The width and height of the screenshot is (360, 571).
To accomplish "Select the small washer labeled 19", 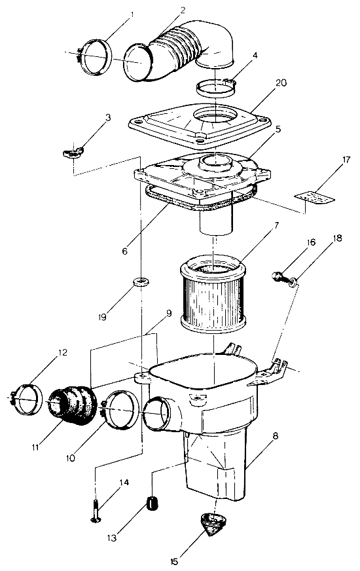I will point(138,282).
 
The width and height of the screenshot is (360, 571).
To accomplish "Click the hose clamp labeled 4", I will point(216,87).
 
